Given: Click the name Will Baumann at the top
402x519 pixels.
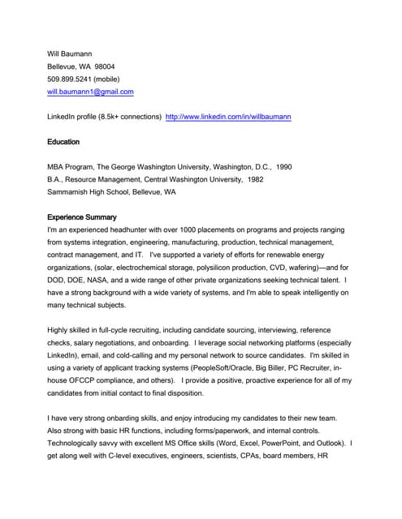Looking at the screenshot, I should [x=71, y=54].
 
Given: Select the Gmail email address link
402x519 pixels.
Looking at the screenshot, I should [x=90, y=92].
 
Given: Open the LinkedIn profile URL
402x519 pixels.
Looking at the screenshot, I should [x=228, y=117].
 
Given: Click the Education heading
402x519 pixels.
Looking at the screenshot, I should [x=63, y=142].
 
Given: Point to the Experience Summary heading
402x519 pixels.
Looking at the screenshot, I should [x=82, y=217].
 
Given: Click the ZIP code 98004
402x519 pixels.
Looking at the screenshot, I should [x=105, y=66].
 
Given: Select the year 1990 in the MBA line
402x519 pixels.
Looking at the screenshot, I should [x=283, y=167].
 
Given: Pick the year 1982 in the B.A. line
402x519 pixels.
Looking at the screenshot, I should [x=254, y=179].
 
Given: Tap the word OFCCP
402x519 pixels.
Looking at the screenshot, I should [x=83, y=380].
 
